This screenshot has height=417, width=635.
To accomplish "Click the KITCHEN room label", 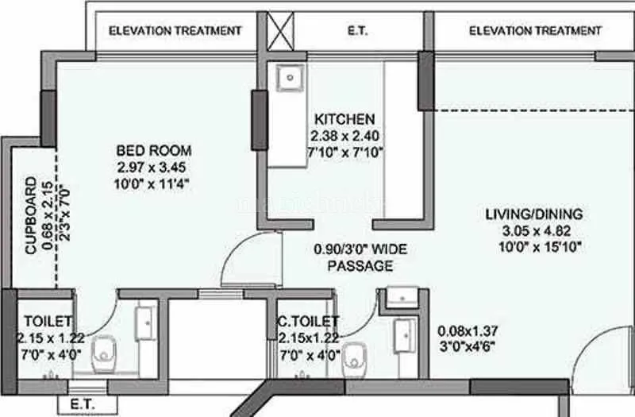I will [344, 119].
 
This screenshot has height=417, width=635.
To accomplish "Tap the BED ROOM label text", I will [153, 150].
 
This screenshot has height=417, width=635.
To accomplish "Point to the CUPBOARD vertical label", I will [31, 214].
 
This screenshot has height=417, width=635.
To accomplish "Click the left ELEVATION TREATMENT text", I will [175, 31].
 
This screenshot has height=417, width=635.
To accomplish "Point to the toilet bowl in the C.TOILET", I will [355, 359].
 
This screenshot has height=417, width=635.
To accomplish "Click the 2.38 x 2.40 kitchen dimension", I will [344, 136].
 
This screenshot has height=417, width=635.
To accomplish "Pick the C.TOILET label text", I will [308, 321].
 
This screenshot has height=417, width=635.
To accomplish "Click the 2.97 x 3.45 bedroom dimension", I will [153, 167].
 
